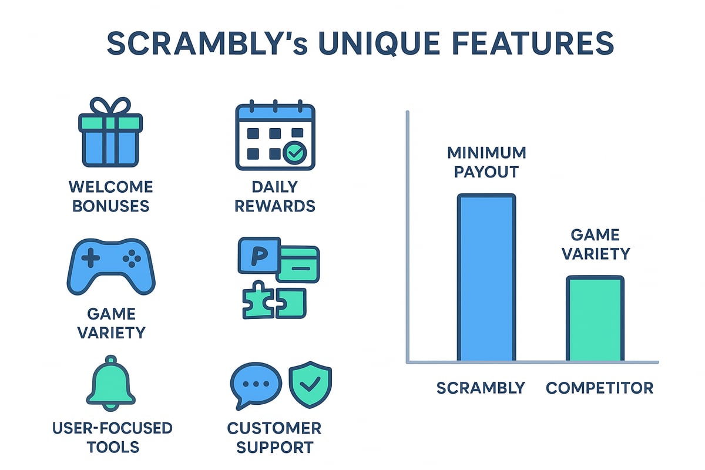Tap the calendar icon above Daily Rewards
[275, 136]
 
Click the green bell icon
[110, 384]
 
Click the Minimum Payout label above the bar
[486, 162]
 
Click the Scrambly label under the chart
[481, 388]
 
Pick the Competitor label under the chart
[599, 388]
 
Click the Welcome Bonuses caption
[110, 196]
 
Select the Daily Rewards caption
[275, 196]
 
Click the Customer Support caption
[274, 437]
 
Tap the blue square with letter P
[257, 255]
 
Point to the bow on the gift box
[110, 108]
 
